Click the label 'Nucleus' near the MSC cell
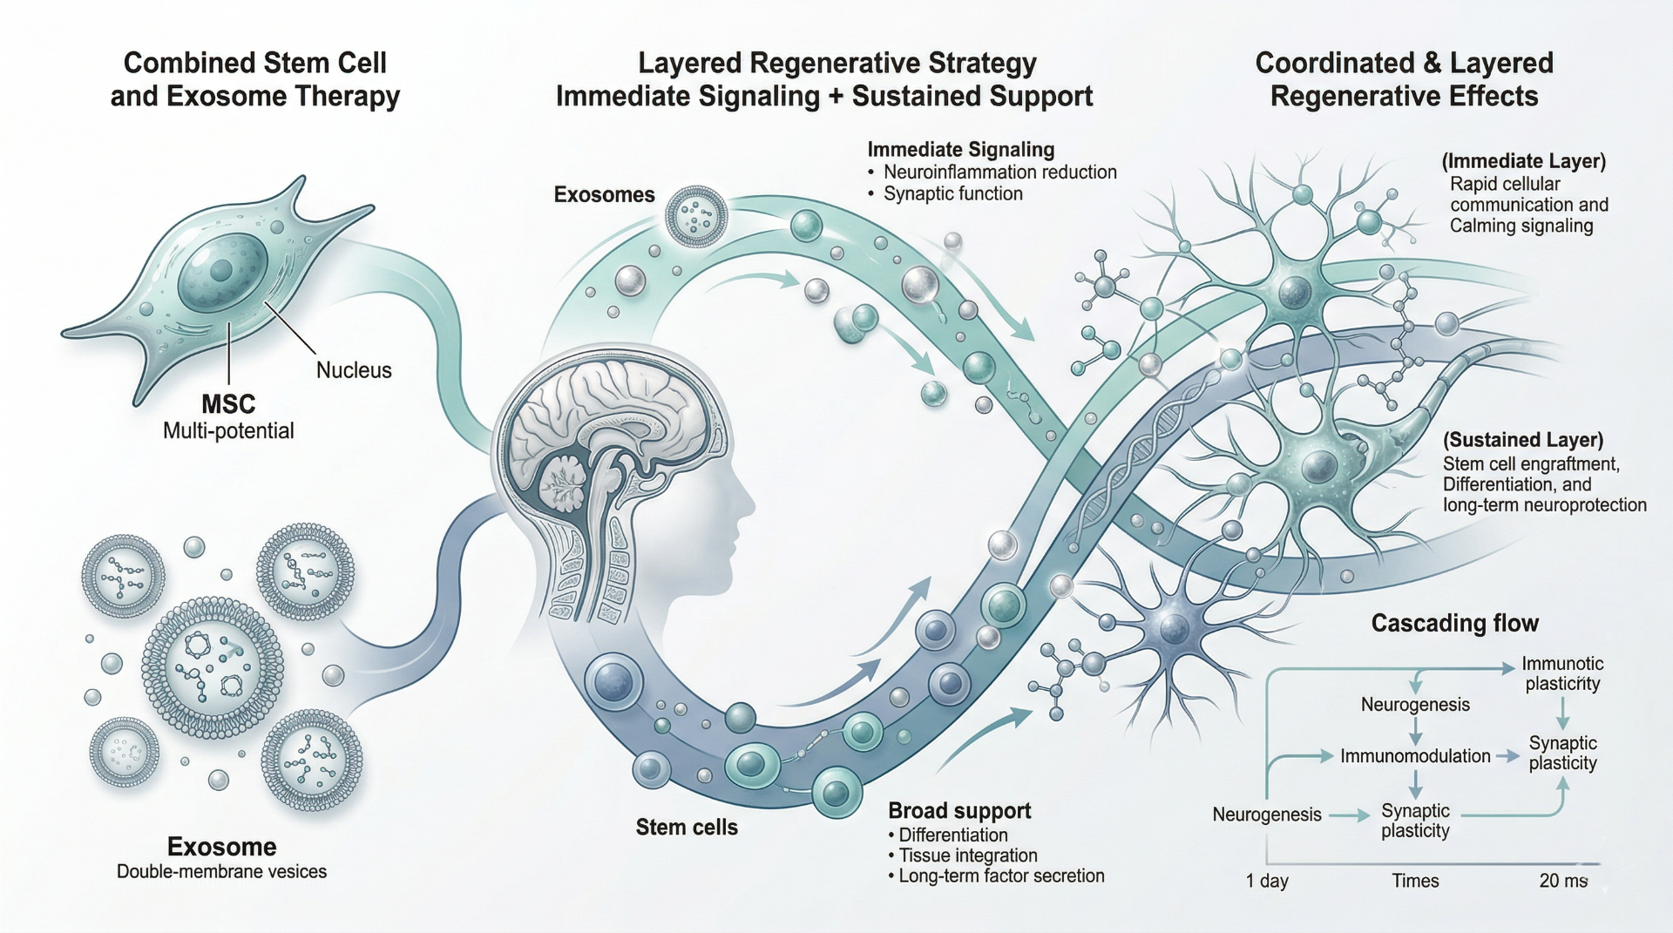coord(353,370)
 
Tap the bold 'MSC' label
coord(228,404)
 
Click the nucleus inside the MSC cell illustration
coord(222,270)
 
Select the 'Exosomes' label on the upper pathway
coord(604,194)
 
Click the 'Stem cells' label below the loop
coord(686,827)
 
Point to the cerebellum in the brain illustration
coord(568,484)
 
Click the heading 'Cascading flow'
coord(1454,623)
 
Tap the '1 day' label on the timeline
coord(1266,880)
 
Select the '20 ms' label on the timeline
coord(1563,880)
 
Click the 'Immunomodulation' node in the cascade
coord(1414,756)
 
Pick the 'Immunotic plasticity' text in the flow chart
coord(1561,673)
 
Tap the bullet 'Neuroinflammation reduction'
coord(999,172)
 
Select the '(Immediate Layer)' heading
coord(1523,161)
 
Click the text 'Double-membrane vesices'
coord(221,871)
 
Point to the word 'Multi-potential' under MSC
coord(228,430)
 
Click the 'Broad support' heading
coord(958,810)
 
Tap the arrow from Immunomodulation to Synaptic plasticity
coord(1508,756)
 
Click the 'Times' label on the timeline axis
coord(1414,880)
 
